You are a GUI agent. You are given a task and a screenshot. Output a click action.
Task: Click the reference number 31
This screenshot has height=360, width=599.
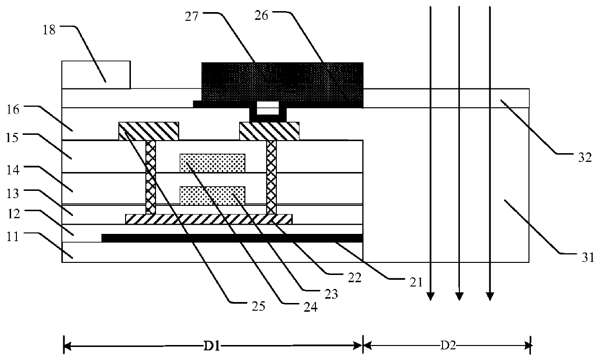click(587, 258)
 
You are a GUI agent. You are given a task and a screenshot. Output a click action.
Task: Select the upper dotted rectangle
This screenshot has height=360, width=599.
click(212, 163)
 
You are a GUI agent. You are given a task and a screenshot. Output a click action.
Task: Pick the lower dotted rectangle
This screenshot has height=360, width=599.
click(212, 196)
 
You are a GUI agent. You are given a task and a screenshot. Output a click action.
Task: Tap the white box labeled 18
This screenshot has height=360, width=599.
click(96, 74)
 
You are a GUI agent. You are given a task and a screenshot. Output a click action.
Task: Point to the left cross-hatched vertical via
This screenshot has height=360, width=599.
click(151, 177)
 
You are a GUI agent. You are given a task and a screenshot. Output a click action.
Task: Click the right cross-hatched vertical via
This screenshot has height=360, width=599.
click(271, 177)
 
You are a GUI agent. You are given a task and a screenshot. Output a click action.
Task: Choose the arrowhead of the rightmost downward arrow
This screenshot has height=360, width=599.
click(490, 296)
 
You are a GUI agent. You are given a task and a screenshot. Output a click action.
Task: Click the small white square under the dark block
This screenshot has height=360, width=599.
click(268, 105)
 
